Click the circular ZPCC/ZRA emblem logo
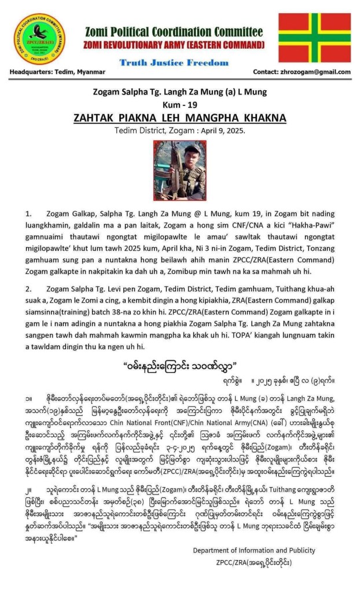point(40,39)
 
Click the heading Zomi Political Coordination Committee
point(173,31)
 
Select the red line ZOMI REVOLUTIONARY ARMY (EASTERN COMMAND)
point(174,45)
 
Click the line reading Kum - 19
point(179,104)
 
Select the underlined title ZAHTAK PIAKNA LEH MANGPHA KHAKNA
point(179,118)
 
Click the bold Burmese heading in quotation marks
point(180,365)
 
